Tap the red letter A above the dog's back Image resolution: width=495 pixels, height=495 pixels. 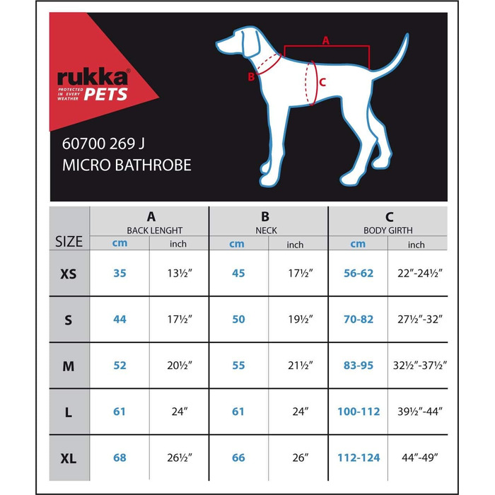[x=326, y=40]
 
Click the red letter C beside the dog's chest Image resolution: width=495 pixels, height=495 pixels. [x=322, y=82]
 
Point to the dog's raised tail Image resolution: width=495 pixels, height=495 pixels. [x=396, y=57]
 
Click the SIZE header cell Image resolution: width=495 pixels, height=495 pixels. [x=69, y=242]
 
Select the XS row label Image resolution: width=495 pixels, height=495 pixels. [x=69, y=274]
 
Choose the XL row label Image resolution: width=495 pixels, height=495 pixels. [x=69, y=458]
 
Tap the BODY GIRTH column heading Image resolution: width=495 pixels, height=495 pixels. [x=388, y=231]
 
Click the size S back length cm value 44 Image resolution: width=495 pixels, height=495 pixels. [x=120, y=320]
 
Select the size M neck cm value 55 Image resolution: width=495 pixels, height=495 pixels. [x=238, y=366]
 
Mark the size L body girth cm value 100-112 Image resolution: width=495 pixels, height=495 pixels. [x=359, y=412]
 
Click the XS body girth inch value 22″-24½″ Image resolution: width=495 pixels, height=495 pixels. [x=417, y=274]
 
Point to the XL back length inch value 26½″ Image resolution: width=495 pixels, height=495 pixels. [x=178, y=458]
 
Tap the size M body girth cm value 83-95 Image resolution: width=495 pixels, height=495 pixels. [x=359, y=366]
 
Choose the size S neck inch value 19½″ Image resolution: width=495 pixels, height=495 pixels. [x=298, y=320]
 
